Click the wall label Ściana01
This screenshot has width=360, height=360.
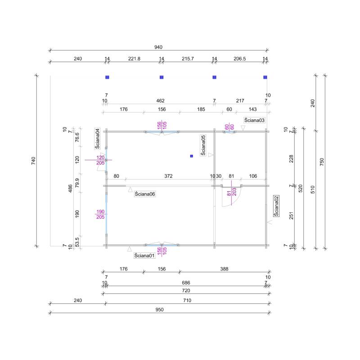(x=144, y=256)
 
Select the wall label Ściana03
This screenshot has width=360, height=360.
(x=254, y=120)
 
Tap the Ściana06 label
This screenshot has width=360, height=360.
(x=145, y=193)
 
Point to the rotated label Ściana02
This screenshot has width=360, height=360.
(x=276, y=206)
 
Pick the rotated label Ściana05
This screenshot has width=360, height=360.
(x=203, y=145)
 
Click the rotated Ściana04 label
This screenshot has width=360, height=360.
(x=97, y=138)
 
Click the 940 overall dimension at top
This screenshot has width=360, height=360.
(x=158, y=47)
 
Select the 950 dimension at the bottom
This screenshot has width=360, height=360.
(x=159, y=310)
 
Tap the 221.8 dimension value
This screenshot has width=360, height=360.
(x=134, y=58)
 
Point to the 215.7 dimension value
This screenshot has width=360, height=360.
(x=188, y=58)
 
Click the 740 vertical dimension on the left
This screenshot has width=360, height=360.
(x=33, y=161)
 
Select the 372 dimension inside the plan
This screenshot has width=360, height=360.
(x=168, y=176)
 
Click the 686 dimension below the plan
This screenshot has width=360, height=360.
(x=185, y=283)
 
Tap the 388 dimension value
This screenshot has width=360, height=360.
(x=224, y=269)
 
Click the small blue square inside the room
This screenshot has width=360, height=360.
(x=191, y=156)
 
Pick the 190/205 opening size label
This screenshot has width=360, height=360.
(x=100, y=214)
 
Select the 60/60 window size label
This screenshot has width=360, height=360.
(x=229, y=126)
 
